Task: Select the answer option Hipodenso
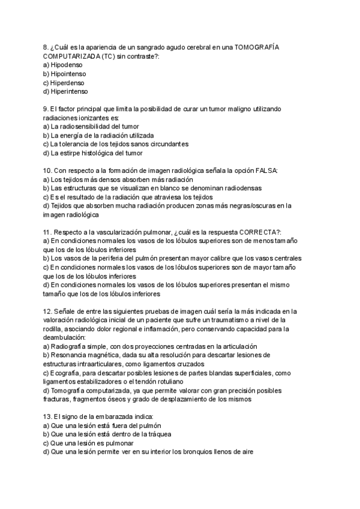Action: (67, 64)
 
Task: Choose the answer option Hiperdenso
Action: (68, 82)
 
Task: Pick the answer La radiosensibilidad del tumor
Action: (94, 127)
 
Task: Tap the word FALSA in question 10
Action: (266, 170)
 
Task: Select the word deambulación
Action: (64, 337)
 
